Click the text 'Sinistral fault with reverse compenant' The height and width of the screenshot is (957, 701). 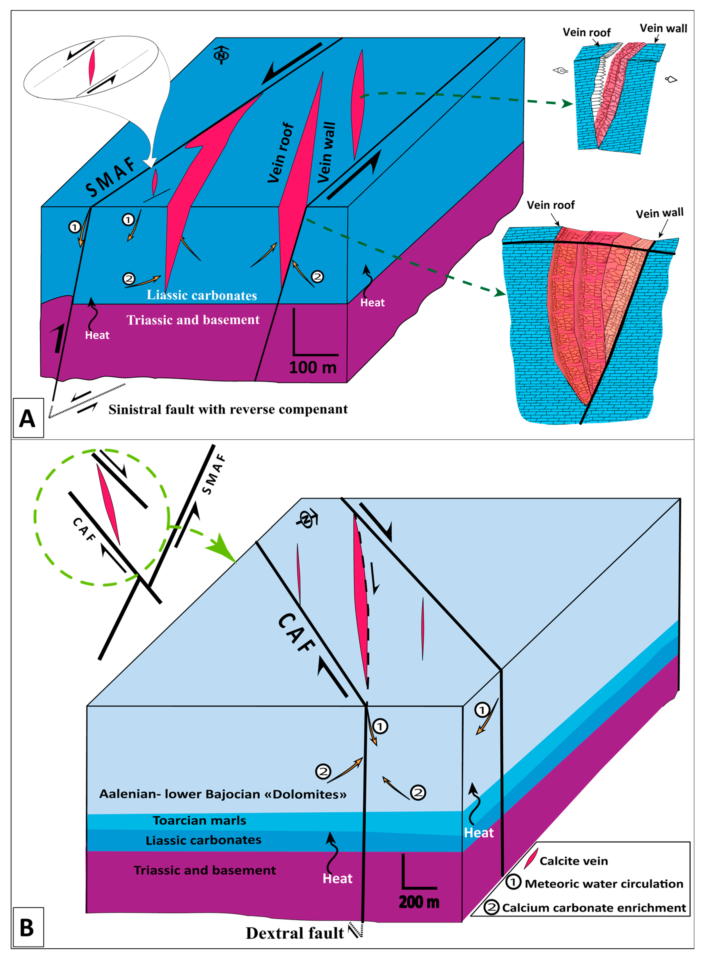[228, 409]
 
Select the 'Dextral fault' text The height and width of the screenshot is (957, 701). [295, 933]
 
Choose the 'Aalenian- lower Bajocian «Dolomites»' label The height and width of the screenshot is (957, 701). [223, 794]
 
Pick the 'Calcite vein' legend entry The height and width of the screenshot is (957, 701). [573, 861]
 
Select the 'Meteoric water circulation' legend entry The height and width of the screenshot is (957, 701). [603, 884]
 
